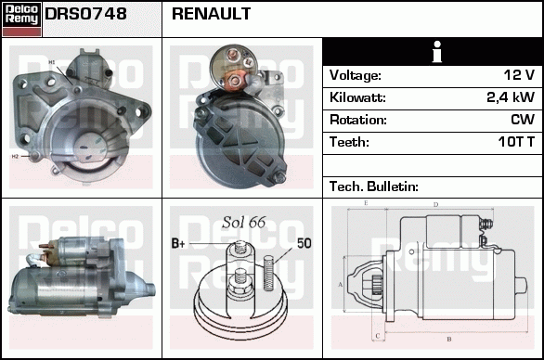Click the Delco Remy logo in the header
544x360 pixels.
(x=21, y=19)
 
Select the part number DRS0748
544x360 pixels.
(x=86, y=15)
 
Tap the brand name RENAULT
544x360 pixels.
(x=212, y=15)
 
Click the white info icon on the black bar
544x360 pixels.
(x=432, y=52)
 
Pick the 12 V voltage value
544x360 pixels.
(x=518, y=75)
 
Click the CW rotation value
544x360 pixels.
(x=522, y=120)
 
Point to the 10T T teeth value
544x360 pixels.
(x=513, y=142)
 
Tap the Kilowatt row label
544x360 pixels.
(x=357, y=97)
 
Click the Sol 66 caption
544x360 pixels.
(x=244, y=223)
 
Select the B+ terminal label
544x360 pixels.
(x=179, y=244)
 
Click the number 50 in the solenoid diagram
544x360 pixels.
(x=304, y=244)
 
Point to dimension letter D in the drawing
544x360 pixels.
(x=435, y=204)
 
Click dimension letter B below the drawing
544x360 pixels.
(x=448, y=339)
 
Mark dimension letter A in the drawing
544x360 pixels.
(x=341, y=284)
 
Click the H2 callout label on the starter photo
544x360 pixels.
(x=16, y=157)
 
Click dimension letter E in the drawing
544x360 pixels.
(x=366, y=202)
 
